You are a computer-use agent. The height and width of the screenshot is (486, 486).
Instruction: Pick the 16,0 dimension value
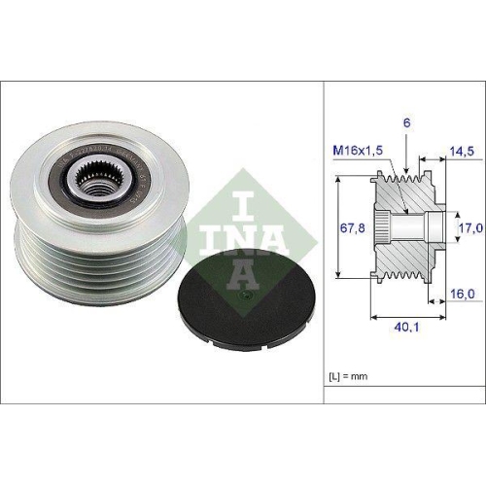pyautogui.click(x=462, y=291)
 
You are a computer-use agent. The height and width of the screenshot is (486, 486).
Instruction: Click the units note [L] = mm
pyautogui.click(x=349, y=373)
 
